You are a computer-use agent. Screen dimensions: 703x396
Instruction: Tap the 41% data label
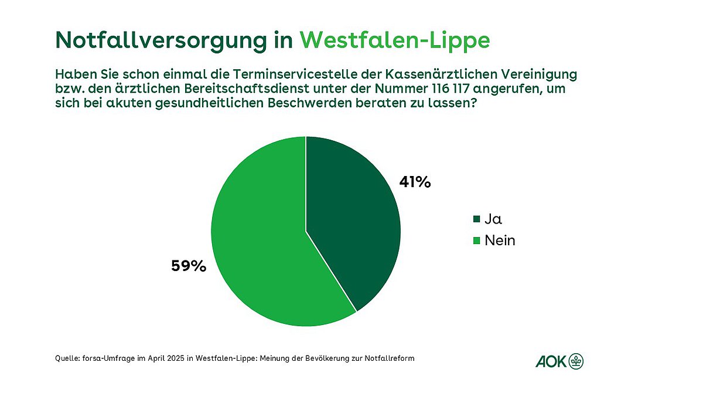pos(415,182)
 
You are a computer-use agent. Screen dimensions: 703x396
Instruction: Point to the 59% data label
pos(189,266)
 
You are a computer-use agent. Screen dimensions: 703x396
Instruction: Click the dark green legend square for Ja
pos(477,219)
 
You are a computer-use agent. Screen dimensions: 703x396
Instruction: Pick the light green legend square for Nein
pos(477,241)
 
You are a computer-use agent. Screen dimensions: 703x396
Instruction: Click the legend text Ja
pos(493,219)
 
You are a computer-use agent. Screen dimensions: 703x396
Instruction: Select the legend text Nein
pos(500,241)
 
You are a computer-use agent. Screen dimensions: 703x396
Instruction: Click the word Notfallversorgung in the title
pos(161,41)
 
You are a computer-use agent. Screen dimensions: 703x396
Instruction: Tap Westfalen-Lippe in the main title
pos(395,41)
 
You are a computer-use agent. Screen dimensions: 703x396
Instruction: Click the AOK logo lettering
pos(551,361)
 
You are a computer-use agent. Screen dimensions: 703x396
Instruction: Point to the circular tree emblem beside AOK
pos(576,361)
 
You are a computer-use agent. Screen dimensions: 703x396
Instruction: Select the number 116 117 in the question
pos(450,89)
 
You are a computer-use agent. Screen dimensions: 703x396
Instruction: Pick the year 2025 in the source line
pos(176,358)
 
